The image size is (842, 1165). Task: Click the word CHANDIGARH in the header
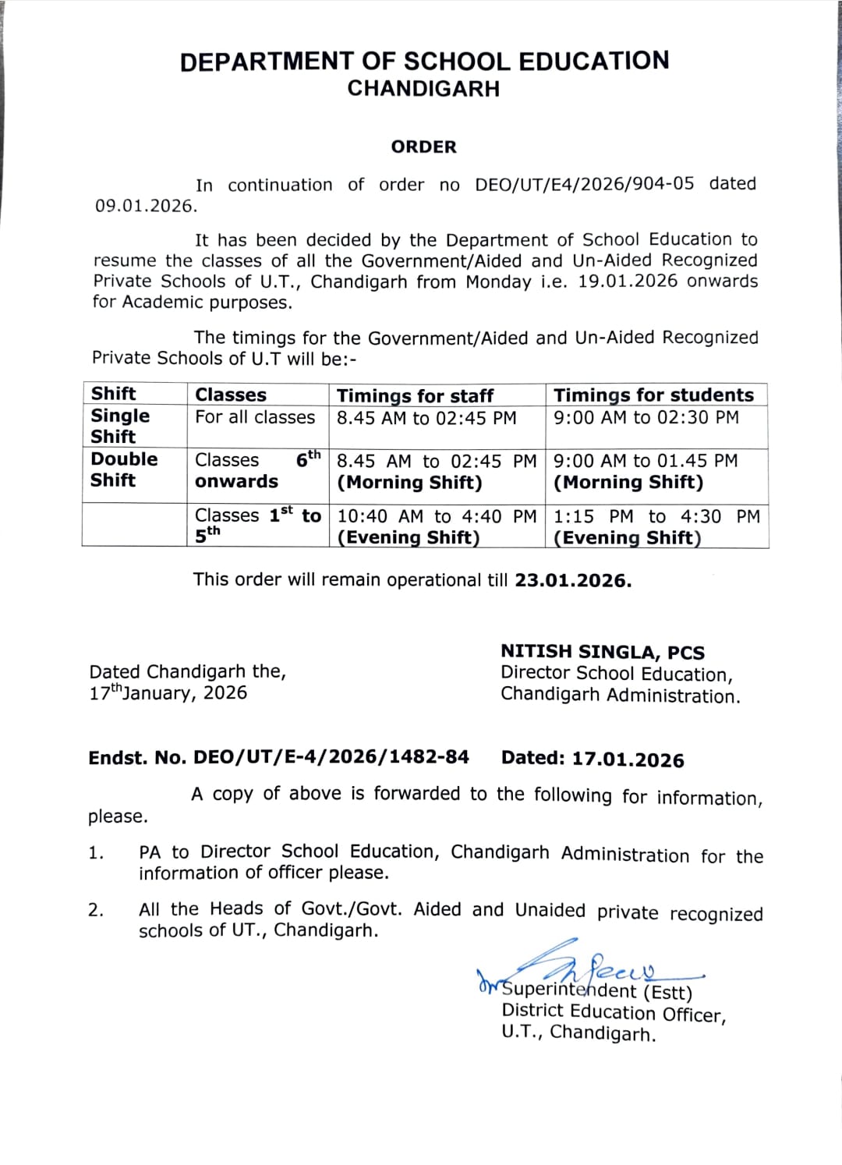pos(423,89)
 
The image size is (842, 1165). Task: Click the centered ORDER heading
pos(423,147)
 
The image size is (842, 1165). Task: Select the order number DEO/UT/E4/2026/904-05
pos(584,184)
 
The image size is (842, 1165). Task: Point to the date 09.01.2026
pos(145,206)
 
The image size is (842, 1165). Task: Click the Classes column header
pos(231,395)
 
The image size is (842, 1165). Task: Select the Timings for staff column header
pos(415,395)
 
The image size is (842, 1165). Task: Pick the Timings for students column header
pos(653,395)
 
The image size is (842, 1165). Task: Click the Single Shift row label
pos(120,426)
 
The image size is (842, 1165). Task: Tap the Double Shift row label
pos(124,469)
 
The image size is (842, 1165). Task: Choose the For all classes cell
pos(255,417)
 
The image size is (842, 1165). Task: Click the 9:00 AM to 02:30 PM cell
pos(646,418)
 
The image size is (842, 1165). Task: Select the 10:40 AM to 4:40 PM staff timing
pos(437,516)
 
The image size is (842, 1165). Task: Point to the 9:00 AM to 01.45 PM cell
pos(645,461)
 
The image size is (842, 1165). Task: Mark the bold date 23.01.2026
pos(572,581)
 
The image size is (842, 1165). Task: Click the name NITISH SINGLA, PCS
pos(602,652)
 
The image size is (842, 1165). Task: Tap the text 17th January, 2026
pos(168,692)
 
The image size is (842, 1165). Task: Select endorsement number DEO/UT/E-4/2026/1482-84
pos(331,757)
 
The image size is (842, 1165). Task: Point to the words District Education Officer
pos(613,1013)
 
